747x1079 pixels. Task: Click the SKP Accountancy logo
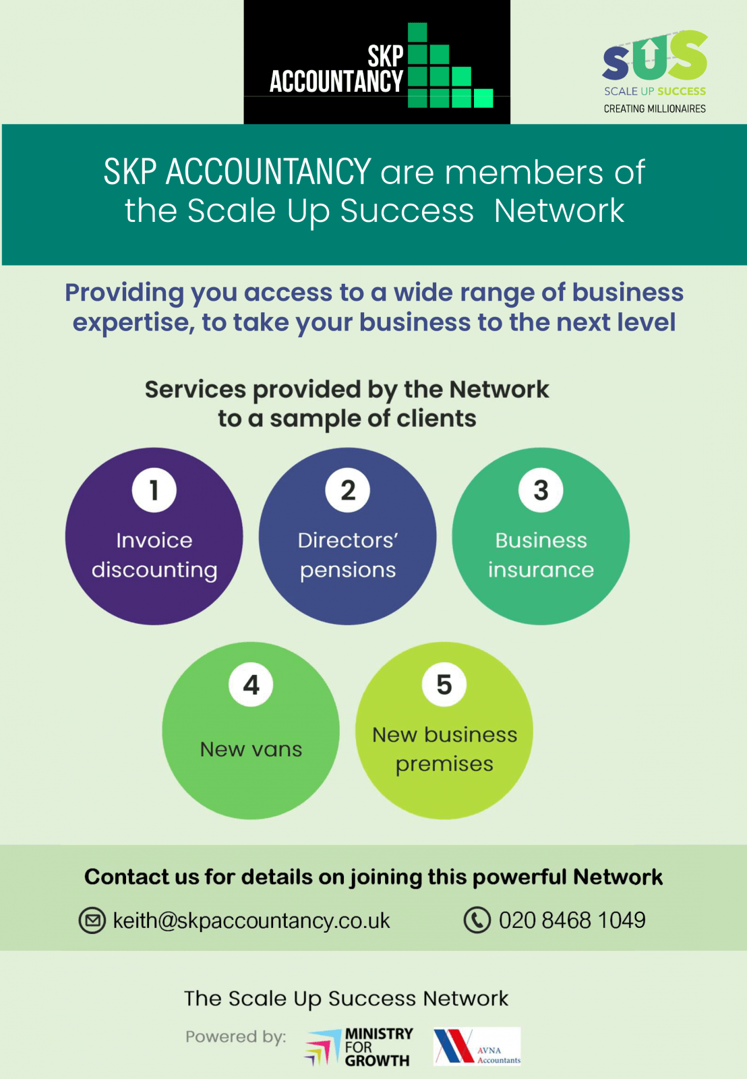click(377, 61)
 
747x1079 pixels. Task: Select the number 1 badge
click(154, 490)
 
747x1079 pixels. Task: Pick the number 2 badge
click(348, 490)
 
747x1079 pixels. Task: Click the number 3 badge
click(541, 490)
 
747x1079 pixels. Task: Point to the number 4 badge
click(251, 684)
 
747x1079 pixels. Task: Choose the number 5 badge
click(444, 684)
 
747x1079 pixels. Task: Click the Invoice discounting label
click(154, 556)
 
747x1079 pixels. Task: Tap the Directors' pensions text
click(348, 556)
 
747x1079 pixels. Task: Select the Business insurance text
click(541, 556)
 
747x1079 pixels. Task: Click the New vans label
click(251, 749)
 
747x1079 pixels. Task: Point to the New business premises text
click(444, 749)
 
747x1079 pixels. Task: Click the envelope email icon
click(92, 921)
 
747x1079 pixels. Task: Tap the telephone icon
click(477, 920)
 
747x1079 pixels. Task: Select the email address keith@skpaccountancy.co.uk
click(251, 921)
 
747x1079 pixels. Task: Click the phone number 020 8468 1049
click(572, 920)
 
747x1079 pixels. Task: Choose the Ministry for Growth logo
click(359, 1047)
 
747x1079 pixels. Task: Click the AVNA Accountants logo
click(477, 1046)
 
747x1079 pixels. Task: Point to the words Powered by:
click(236, 1037)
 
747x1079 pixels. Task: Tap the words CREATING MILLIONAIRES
click(655, 109)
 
